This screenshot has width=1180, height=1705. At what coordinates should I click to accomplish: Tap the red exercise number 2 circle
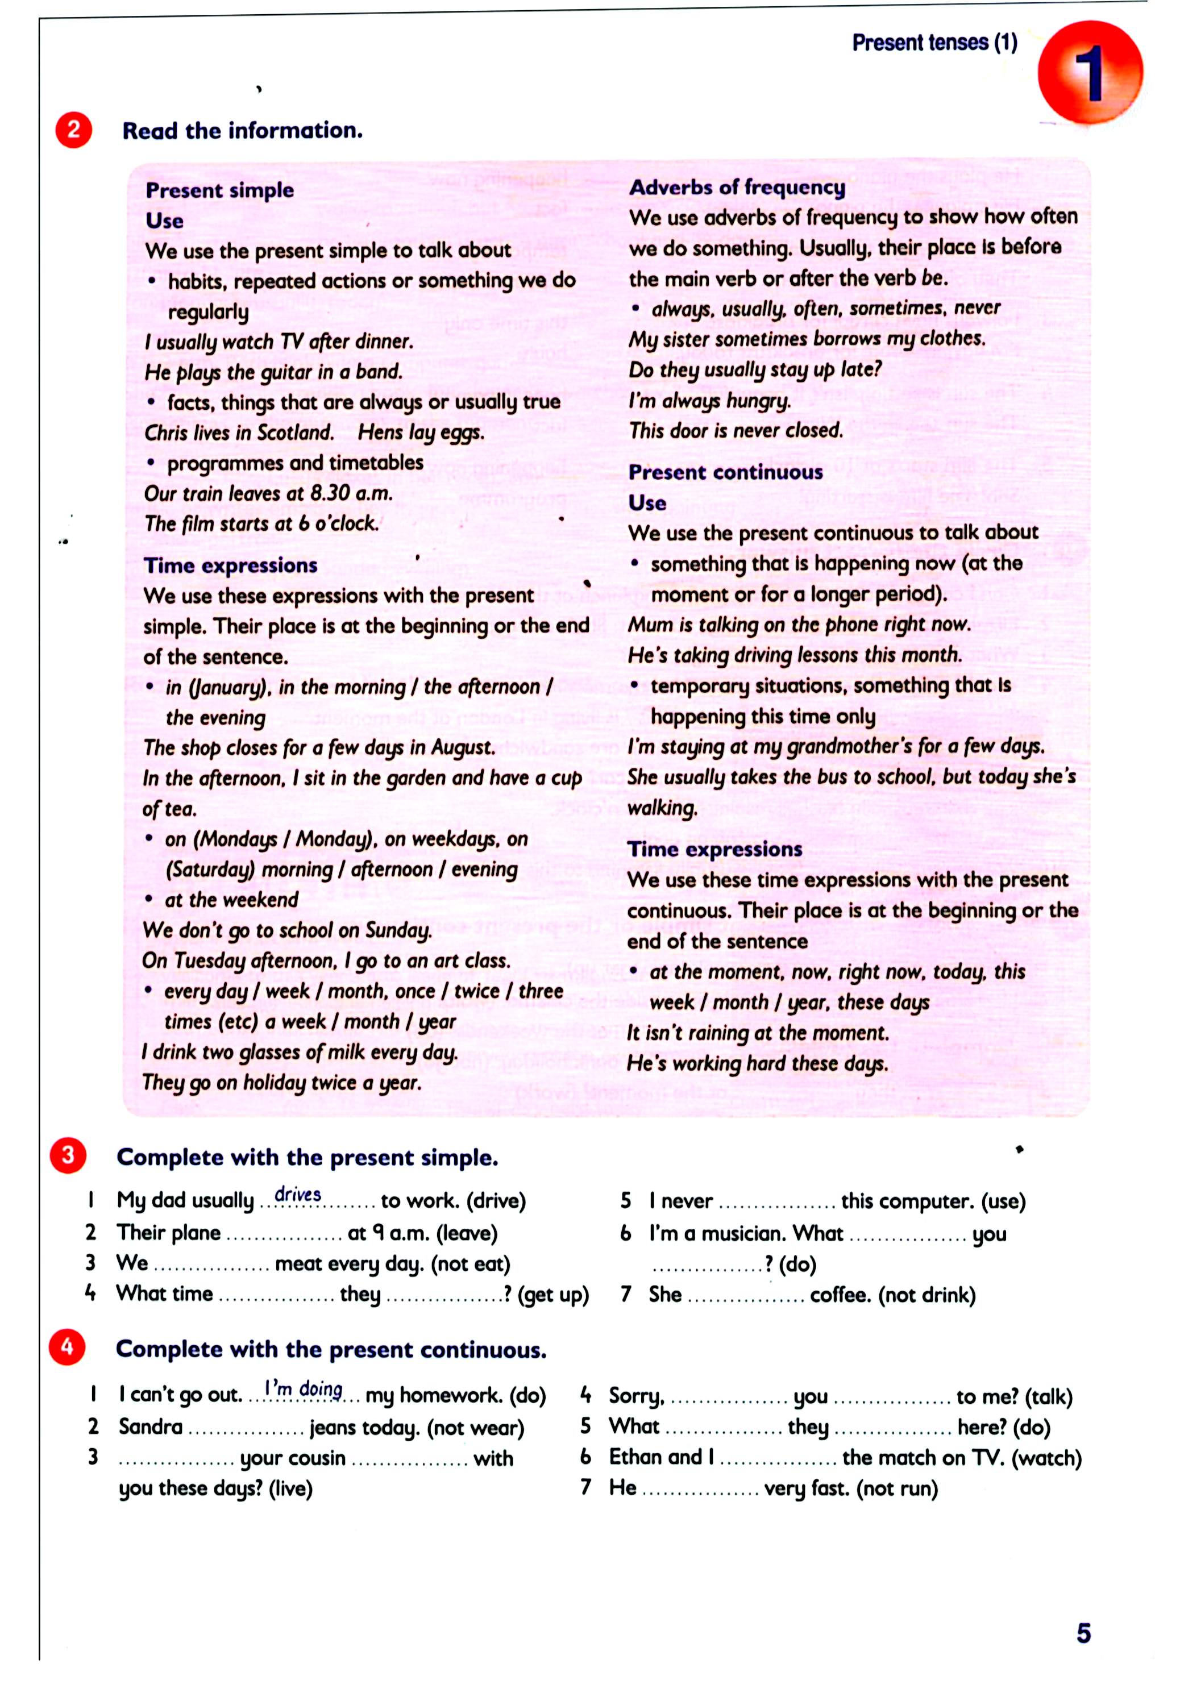pyautogui.click(x=74, y=130)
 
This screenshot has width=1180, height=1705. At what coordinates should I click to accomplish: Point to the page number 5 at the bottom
pyautogui.click(x=1083, y=1633)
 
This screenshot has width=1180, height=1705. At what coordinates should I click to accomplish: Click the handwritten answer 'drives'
pyautogui.click(x=297, y=1193)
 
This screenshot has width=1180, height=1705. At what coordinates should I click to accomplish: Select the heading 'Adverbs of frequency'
pyautogui.click(x=737, y=188)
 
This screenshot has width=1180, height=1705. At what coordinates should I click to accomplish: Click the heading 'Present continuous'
pyautogui.click(x=725, y=472)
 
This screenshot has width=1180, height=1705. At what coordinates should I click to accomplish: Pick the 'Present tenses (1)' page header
pyautogui.click(x=934, y=43)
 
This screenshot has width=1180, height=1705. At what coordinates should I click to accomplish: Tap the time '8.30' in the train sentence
pyautogui.click(x=330, y=492)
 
